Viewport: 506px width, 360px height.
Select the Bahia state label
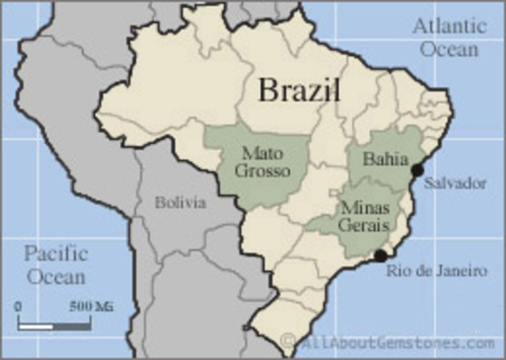coord(380,159)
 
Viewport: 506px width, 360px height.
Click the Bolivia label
coord(180,203)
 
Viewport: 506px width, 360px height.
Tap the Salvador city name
coord(455,183)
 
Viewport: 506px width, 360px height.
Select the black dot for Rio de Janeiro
coord(380,256)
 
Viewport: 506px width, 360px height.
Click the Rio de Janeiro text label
coord(436,271)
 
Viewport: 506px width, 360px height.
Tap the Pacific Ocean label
coord(56,265)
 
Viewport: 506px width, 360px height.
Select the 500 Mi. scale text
coord(92,306)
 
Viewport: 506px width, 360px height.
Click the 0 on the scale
coord(18,306)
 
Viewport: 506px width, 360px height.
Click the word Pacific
coord(56,254)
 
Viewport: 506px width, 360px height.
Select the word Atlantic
coord(448,26)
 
